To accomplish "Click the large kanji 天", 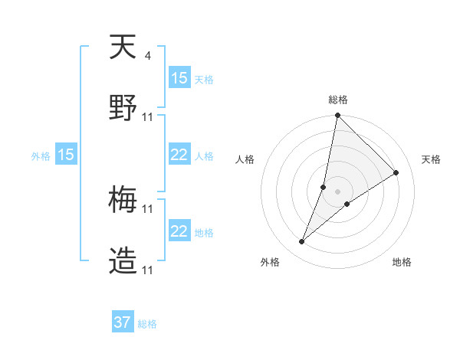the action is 123,48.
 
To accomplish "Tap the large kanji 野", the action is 123,108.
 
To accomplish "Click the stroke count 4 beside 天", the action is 147,55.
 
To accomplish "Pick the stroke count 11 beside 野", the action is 148,116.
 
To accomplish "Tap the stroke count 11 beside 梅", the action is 148,208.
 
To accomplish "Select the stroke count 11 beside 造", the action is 148,270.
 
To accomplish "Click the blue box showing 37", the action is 123,322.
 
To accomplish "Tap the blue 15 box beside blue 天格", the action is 179,78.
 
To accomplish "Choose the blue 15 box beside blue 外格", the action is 66,155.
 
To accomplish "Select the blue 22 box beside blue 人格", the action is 179,155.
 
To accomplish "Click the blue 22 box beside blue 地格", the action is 179,231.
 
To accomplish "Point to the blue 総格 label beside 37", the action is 147,324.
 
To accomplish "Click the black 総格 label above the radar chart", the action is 338,100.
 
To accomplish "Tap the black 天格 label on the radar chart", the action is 432,159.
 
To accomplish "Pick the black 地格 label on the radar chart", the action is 402,262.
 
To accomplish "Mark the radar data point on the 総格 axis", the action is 337,116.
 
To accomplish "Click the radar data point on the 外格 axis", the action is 301,242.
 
